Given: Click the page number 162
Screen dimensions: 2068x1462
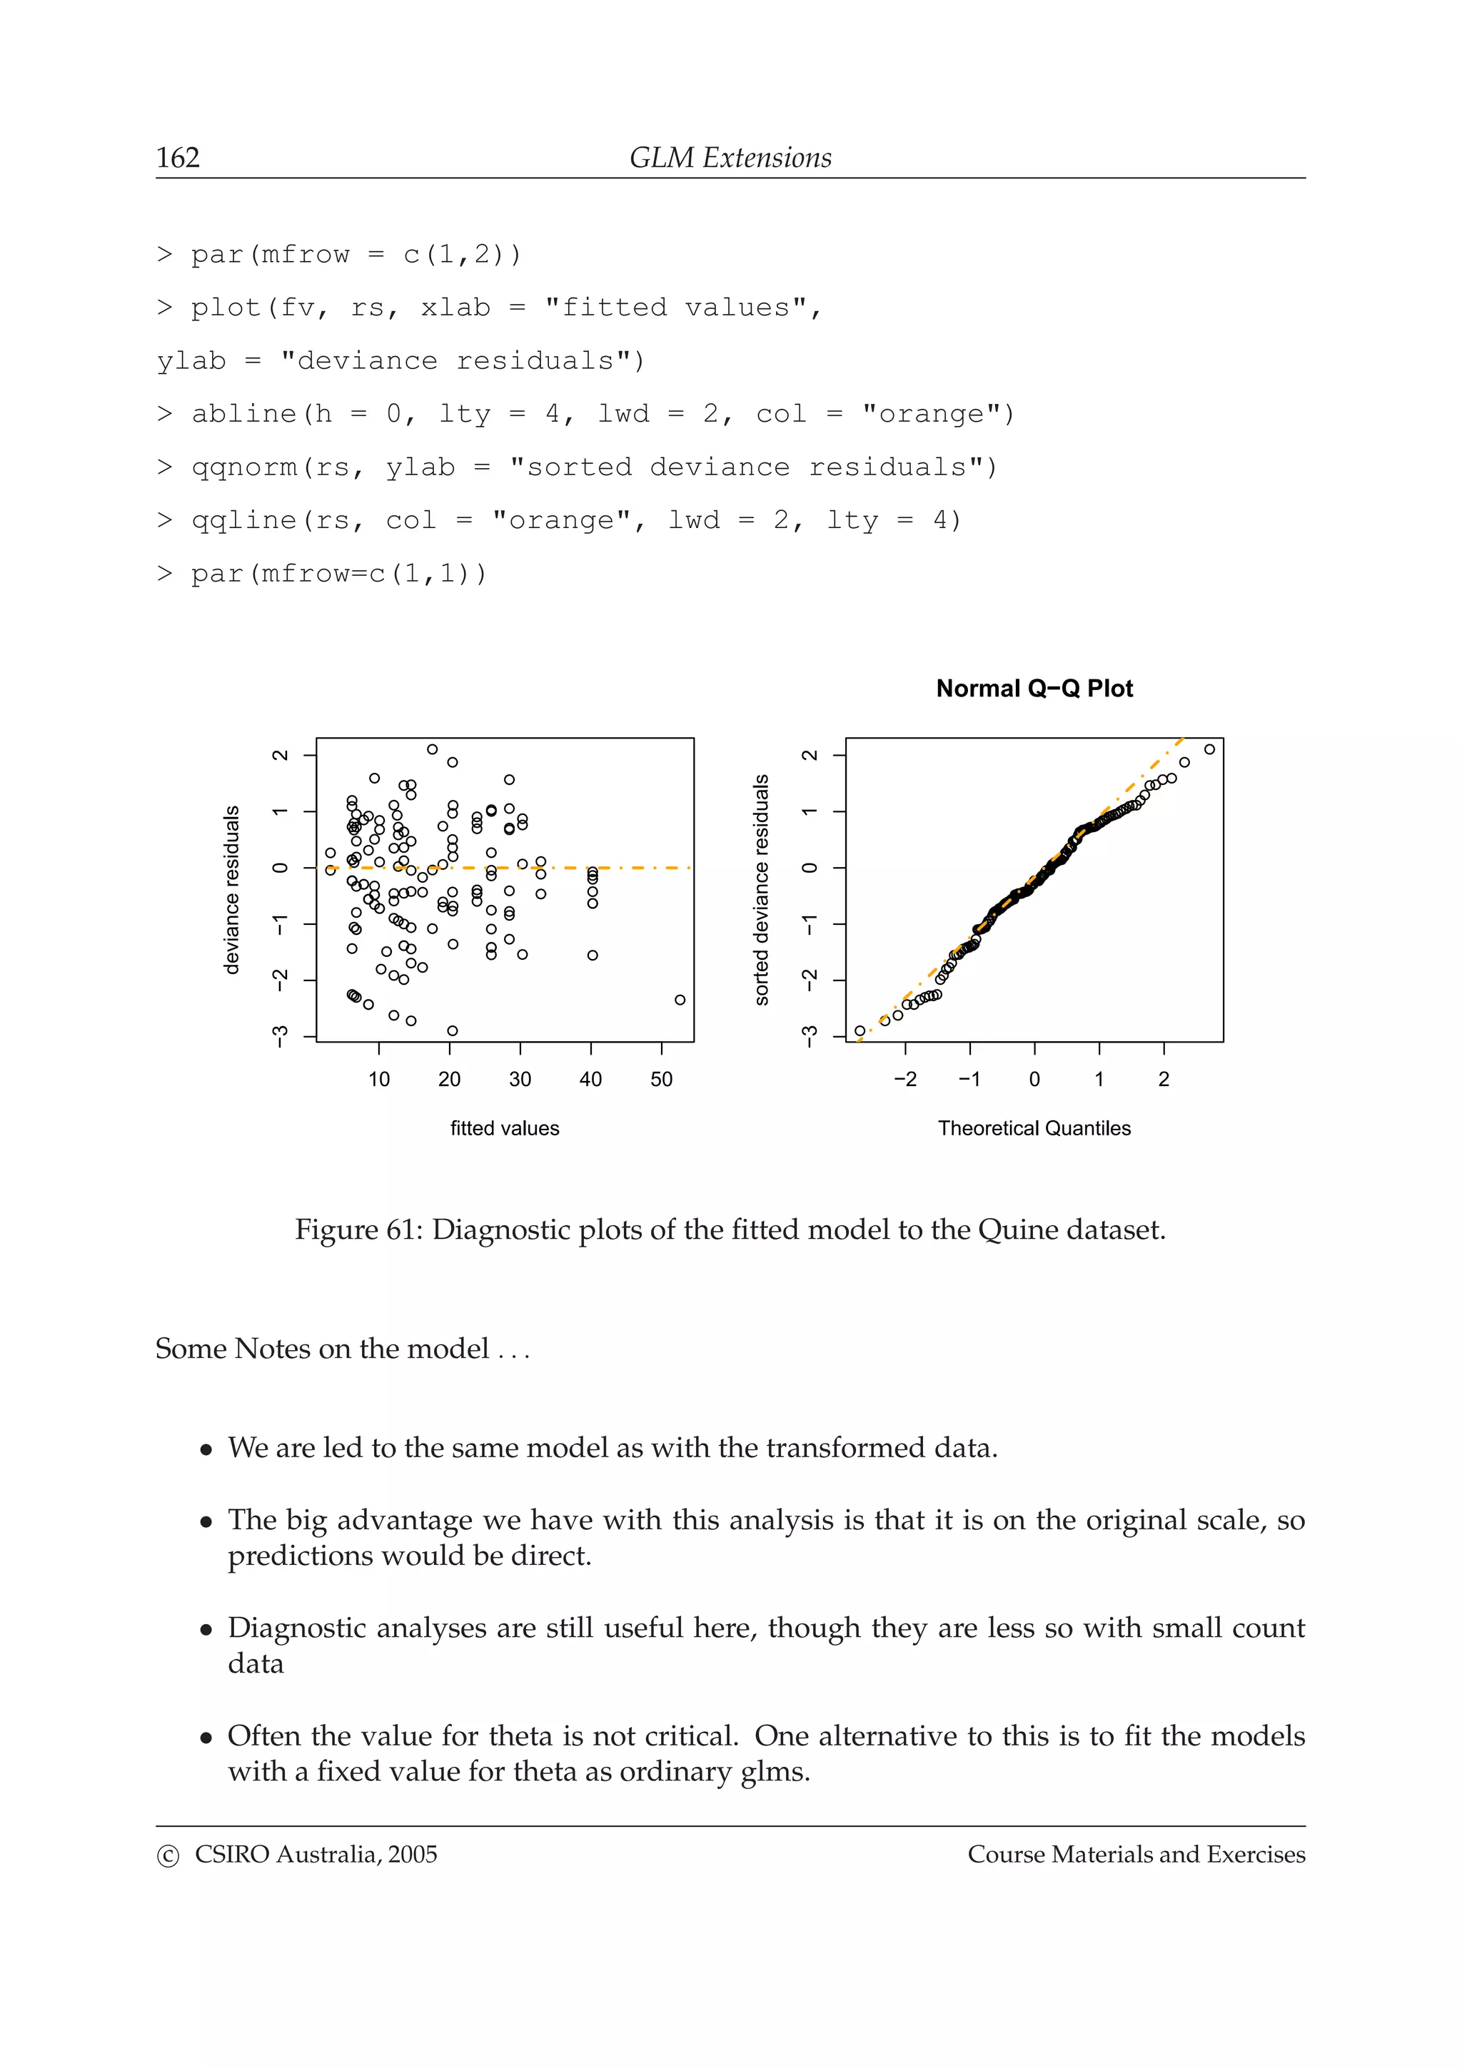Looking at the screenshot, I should pos(178,158).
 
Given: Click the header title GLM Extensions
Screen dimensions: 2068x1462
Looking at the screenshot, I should pos(730,158).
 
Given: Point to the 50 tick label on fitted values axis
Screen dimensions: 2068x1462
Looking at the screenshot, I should pos(661,1079).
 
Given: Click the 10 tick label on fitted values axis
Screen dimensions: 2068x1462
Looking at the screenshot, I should pos(378,1079).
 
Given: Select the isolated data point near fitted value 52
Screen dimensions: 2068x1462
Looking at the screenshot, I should pos(680,1000).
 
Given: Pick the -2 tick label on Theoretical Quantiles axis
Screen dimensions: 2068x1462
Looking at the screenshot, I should pos(904,1079).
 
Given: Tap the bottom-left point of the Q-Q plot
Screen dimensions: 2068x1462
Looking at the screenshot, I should pos(859,1030).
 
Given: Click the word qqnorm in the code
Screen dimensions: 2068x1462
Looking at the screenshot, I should pos(244,467).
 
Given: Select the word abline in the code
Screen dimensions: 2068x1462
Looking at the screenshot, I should pos(243,415).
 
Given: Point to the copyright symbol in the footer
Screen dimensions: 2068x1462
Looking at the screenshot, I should pos(168,1855).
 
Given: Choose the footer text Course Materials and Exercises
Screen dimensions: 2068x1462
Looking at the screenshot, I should pos(1136,1855).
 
